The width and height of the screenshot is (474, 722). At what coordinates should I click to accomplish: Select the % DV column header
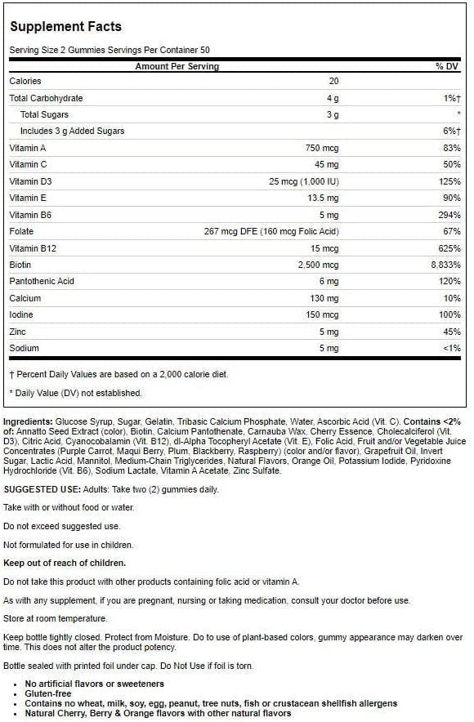pos(448,65)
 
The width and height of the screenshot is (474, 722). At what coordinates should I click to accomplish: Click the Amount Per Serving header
pos(177,65)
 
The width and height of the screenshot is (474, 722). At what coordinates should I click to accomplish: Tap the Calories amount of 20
pos(333,82)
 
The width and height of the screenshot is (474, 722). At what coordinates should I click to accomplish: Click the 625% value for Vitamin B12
pos(450,248)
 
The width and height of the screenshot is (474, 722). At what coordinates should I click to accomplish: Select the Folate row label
pos(21,231)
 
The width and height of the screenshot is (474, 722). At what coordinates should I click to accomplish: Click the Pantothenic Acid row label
pos(42,281)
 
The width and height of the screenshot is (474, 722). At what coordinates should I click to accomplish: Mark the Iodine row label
pos(21,314)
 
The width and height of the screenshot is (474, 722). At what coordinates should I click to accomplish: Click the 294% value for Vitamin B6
pos(450,215)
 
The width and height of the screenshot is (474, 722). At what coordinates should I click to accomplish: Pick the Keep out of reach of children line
pos(65,563)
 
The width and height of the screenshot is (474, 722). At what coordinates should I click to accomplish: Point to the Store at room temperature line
pos(56,618)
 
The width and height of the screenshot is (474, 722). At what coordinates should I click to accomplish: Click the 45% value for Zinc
pos(452,332)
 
